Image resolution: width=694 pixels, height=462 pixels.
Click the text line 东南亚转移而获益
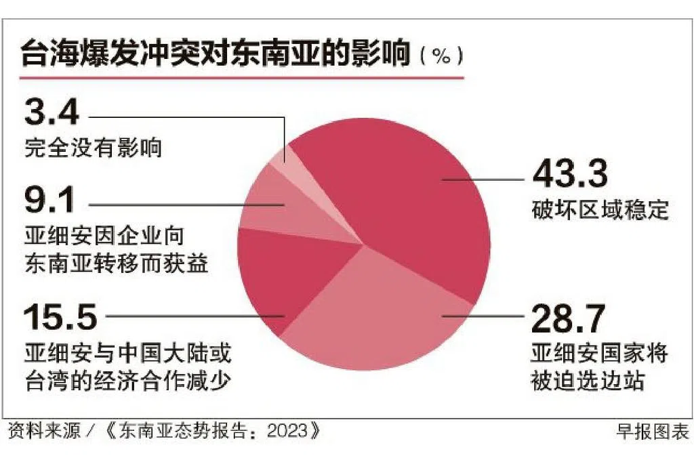click(115, 262)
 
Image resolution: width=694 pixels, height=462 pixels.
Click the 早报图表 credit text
click(651, 431)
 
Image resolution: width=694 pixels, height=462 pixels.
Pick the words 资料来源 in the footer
click(43, 431)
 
